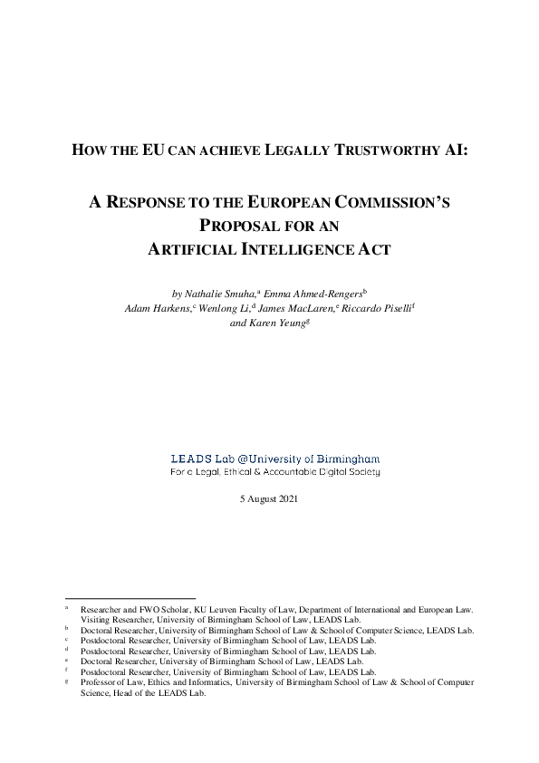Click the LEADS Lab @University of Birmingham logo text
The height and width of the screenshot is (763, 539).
[275, 459]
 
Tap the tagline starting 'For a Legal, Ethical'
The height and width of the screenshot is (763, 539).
[275, 471]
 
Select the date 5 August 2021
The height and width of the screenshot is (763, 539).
[269, 499]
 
